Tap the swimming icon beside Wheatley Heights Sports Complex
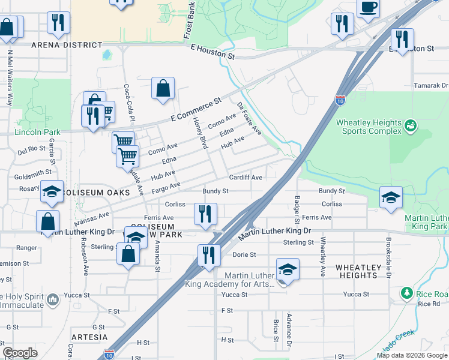pos(411,125)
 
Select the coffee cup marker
pos(368,7)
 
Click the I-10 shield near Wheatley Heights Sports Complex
pos(340,99)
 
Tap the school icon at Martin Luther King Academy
pos(288,269)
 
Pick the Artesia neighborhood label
pos(88,337)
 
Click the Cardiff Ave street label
pos(246,178)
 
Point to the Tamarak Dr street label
pos(431,86)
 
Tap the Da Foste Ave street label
pos(249,118)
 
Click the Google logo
pos(20,353)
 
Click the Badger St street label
pos(297,206)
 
